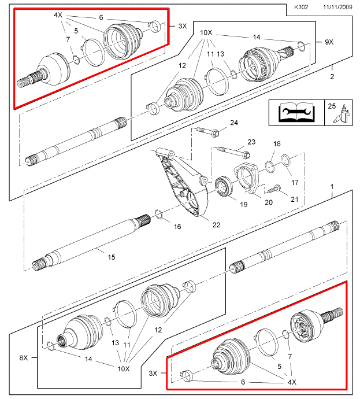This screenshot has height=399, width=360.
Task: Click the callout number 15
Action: pos(112,257)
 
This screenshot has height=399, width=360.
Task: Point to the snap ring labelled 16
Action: pos(159,214)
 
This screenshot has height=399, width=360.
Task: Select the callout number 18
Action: pos(277,144)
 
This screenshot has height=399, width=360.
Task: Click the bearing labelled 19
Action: pos(224,187)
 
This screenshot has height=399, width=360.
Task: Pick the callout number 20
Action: pos(269,202)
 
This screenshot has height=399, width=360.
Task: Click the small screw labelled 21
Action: pos(273,189)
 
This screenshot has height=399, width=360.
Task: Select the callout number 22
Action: pos(216,225)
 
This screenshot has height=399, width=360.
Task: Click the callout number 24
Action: pos(234,123)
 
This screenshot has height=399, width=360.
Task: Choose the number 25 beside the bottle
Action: pos(332,106)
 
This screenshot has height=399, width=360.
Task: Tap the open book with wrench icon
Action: pos(296,112)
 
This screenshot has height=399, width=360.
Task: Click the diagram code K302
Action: pos(301,7)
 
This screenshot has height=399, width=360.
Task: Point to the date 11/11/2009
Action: pos(337,7)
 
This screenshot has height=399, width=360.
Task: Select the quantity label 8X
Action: pos(24,357)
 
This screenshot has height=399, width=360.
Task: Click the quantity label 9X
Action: pos(329,42)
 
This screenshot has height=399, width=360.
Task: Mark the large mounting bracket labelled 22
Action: pos(183,181)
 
